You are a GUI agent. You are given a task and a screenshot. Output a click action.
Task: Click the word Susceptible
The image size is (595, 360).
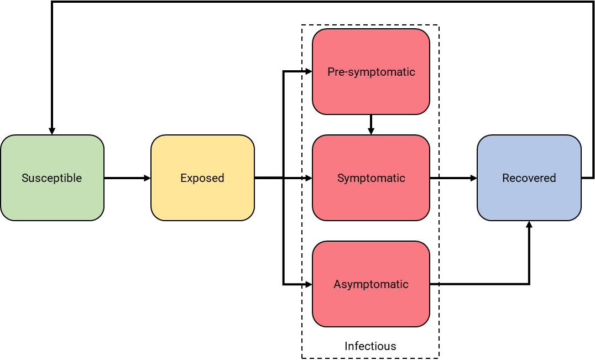click(52, 178)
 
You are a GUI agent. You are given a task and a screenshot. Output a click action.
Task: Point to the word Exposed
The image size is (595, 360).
click(202, 178)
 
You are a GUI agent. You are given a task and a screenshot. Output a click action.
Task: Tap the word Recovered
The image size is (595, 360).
click(529, 178)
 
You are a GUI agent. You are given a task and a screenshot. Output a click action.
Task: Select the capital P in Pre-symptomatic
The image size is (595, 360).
click(331, 72)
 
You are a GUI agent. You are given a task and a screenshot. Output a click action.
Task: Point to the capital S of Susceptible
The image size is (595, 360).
click(25, 178)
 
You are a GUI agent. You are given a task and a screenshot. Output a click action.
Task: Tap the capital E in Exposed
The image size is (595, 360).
click(184, 178)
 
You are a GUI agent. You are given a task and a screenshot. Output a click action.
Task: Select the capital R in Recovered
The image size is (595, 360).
click(505, 178)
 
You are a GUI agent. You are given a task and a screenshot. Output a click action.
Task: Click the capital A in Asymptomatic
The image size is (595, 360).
click(337, 284)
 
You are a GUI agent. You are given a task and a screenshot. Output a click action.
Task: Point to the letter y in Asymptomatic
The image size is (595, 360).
click(349, 286)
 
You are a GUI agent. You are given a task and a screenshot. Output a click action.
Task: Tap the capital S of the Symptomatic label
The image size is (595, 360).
click(341, 178)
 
